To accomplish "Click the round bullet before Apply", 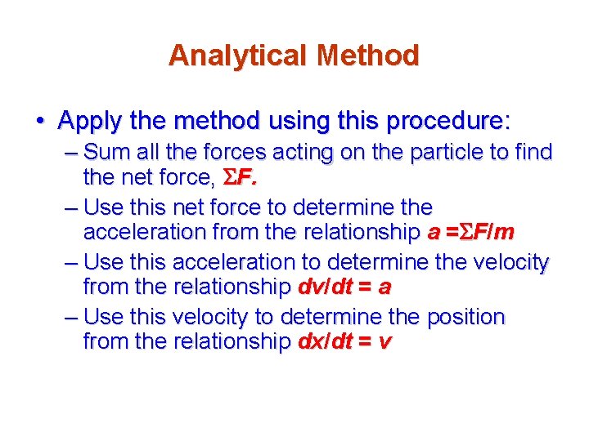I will [40, 122].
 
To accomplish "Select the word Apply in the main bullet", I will [88, 122].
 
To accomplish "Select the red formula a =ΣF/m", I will [471, 232].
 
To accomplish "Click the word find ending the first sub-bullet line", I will [533, 152].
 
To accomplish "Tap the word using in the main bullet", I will [294, 122].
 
